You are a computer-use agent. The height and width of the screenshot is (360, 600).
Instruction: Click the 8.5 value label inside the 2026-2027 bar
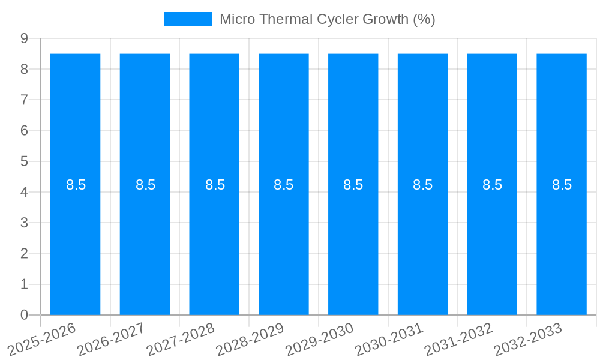(x=145, y=185)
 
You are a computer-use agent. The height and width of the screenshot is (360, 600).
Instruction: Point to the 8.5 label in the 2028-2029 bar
(x=284, y=185)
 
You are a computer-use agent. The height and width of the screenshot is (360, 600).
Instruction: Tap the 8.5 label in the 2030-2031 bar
(x=422, y=185)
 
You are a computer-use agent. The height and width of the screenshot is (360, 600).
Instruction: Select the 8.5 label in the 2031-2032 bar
(x=492, y=185)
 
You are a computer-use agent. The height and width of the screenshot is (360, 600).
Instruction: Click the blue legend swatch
(x=188, y=19)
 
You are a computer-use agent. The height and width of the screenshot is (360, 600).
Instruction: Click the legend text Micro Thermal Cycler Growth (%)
(x=327, y=19)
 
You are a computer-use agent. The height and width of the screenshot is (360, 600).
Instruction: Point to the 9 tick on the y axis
(x=25, y=38)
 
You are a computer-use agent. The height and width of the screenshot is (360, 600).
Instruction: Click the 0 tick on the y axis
(x=25, y=315)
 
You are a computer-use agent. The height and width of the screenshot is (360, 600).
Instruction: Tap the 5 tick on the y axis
(x=25, y=161)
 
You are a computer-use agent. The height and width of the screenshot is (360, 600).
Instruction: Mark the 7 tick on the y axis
(x=25, y=100)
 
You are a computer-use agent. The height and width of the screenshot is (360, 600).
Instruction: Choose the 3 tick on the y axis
(x=25, y=223)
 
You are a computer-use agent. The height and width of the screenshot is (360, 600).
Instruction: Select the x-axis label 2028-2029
(x=250, y=338)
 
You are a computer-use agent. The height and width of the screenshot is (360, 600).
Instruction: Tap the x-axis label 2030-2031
(x=389, y=338)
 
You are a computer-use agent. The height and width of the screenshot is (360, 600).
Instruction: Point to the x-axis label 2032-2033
(x=528, y=338)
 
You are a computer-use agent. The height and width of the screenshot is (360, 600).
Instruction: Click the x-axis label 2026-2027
(x=112, y=338)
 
